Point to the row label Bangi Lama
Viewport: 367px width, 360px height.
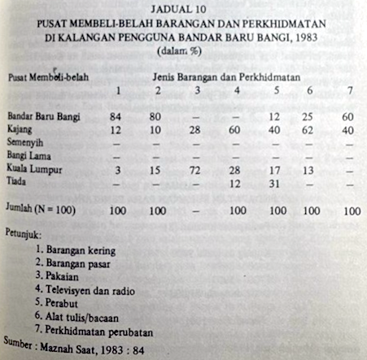(28, 154)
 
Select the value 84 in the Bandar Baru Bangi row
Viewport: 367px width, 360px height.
(116, 115)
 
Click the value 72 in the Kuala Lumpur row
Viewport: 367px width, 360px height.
(196, 170)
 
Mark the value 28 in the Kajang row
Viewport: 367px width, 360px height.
(196, 129)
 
